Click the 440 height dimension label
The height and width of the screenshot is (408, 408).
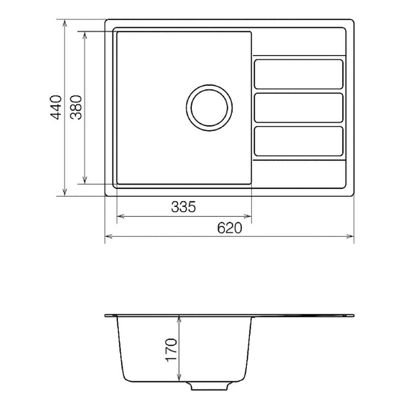[x=56, y=107]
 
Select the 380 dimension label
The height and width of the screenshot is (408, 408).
[x=77, y=107]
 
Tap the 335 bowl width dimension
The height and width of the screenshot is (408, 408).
[x=183, y=207]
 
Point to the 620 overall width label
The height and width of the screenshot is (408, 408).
[x=229, y=228]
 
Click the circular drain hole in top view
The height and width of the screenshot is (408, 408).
[x=209, y=108]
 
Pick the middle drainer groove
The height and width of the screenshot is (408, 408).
[x=299, y=108]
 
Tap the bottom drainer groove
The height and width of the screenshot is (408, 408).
[x=299, y=141]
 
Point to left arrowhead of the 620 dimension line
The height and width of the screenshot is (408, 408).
[x=107, y=235]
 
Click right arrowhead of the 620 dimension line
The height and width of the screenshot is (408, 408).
[x=352, y=235]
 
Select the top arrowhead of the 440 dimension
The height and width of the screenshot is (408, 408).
[x=65, y=22]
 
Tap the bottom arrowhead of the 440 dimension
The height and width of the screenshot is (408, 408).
[x=65, y=194]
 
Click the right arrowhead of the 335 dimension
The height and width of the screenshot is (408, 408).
[x=249, y=215]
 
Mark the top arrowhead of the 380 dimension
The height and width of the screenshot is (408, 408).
[x=86, y=34]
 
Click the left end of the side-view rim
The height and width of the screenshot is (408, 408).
[x=106, y=315]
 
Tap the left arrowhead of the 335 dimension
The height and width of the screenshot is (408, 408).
[x=119, y=215]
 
